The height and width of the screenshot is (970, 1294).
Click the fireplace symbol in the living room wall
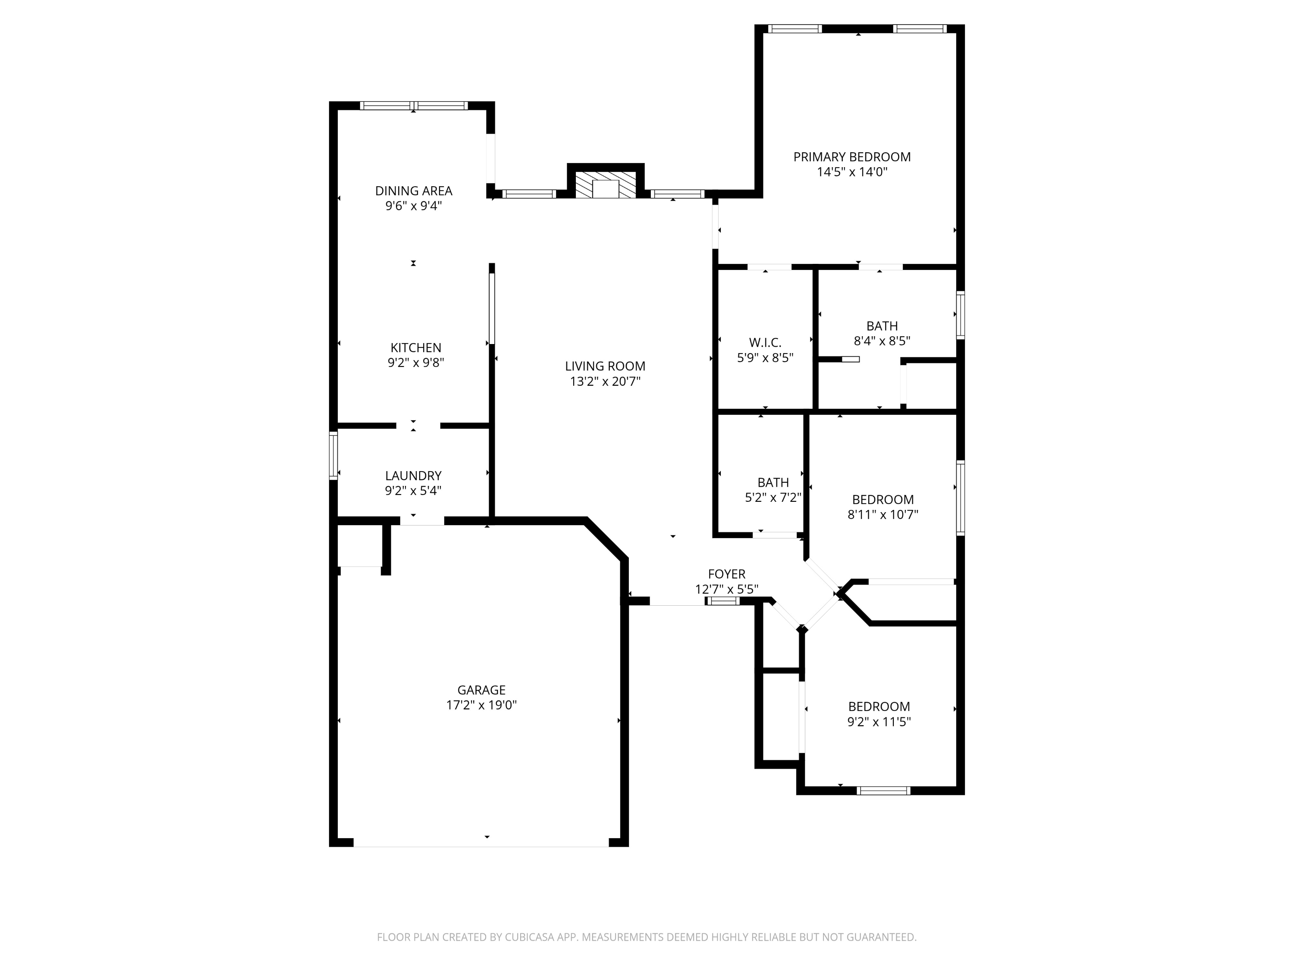[x=606, y=185]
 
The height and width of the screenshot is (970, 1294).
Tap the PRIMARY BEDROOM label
[x=852, y=156]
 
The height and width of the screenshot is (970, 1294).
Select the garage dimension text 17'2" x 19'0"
[x=481, y=705]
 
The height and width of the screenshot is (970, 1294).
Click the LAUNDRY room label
[x=413, y=476]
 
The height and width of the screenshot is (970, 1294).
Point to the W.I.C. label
[x=765, y=343]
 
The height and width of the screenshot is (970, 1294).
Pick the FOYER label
[x=726, y=574]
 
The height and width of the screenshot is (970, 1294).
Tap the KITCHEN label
[x=416, y=348]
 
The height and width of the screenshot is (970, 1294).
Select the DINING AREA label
[x=414, y=191]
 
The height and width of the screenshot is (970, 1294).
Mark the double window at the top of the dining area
[x=414, y=106]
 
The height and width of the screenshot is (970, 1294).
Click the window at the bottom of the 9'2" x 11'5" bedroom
[x=883, y=791]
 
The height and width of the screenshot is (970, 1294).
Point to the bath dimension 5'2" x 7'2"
[x=773, y=498]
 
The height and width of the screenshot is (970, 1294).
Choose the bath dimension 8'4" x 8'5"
[x=882, y=341]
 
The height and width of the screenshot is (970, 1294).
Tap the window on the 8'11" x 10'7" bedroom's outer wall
[x=960, y=498]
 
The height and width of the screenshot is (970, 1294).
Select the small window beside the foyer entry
[x=722, y=601]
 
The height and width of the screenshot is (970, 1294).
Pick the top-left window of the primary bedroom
[x=795, y=28]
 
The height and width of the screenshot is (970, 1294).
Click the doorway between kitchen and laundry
[x=418, y=426]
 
